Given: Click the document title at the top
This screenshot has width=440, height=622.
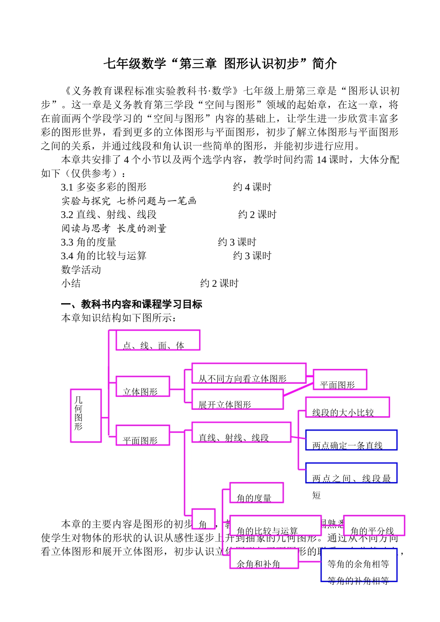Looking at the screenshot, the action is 220,63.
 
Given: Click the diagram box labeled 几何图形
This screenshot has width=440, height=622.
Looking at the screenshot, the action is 86,415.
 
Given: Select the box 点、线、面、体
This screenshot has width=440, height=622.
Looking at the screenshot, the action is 157,340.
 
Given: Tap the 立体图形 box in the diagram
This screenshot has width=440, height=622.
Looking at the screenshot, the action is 143,387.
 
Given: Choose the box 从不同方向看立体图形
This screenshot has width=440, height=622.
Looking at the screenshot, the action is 249,374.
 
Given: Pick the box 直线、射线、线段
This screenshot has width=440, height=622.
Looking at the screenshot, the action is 241,432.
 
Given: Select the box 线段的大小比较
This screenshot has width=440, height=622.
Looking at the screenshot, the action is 347,407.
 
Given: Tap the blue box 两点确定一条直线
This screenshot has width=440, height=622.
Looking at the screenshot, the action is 351,440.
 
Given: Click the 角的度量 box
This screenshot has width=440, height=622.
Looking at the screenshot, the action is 256,493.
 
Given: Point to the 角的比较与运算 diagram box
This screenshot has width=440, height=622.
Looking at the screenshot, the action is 275,526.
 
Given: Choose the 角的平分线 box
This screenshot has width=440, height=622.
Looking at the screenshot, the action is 374,526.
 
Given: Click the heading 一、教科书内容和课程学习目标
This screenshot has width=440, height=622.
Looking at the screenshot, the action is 132,305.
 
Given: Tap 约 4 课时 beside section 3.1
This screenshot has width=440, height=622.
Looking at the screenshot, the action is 252,187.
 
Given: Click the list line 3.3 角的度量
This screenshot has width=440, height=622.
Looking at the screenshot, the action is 89,242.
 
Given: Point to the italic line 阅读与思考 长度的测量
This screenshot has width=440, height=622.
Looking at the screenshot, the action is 114,228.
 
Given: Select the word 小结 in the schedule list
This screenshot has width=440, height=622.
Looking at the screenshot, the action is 71,284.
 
